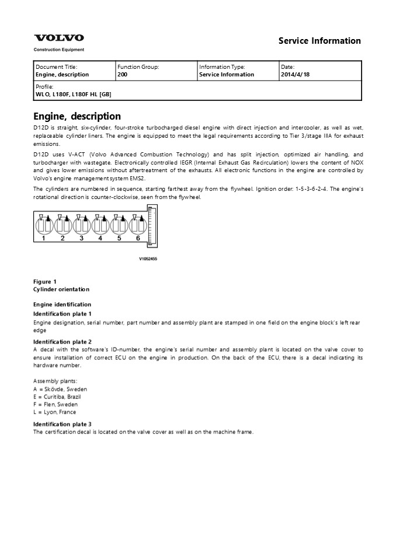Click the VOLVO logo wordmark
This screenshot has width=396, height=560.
[x=58, y=38]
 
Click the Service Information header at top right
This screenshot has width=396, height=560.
[x=319, y=41]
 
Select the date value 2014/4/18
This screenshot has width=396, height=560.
[x=296, y=75]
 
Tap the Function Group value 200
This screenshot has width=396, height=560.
[x=123, y=75]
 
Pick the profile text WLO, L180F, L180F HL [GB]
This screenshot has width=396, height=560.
[x=74, y=94]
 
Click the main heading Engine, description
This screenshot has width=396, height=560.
[x=77, y=116]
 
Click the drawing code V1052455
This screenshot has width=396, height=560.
[x=148, y=258]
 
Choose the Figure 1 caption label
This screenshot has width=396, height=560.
[x=45, y=282]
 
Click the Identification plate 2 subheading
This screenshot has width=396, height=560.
[x=62, y=342]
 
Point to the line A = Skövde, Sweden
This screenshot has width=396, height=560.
[x=61, y=389]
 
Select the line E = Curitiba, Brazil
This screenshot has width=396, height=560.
[x=57, y=397]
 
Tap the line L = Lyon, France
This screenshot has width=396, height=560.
[x=54, y=412]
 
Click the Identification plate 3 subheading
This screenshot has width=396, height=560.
[x=62, y=424]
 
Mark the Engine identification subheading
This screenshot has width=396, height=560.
[x=62, y=304]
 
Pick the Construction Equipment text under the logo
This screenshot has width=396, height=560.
[x=59, y=50]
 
